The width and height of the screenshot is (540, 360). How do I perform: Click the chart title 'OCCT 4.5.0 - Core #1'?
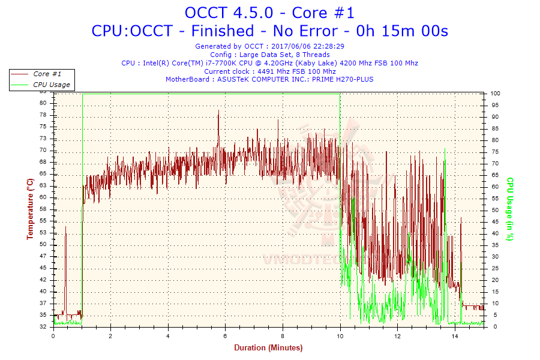coord(269,12)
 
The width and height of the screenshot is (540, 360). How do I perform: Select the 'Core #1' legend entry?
coord(47,74)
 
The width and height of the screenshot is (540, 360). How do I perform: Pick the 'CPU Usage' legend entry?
coord(52,85)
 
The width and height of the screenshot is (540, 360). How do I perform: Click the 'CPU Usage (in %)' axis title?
coord(510,209)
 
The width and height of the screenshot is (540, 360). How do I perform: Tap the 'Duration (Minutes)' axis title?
coord(268,347)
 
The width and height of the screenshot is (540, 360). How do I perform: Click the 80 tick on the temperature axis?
coord(43,103)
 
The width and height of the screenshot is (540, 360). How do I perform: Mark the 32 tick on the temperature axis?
coord(43,327)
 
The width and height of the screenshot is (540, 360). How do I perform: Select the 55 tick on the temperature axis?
coord(43,221)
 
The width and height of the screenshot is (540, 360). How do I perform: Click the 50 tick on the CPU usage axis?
coord(494,210)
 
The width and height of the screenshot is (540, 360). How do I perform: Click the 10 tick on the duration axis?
coord(340,336)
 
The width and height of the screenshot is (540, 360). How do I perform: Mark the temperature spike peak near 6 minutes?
coord(218,110)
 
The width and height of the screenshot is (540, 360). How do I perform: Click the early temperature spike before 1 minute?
coord(65,227)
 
